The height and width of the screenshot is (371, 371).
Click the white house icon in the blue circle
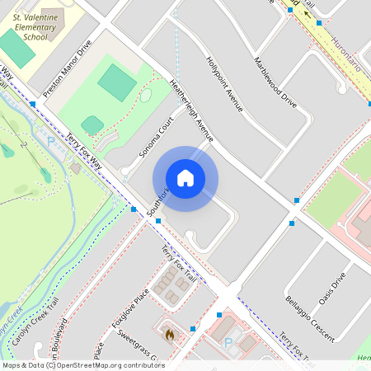185,178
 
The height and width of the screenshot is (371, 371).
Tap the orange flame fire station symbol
169,335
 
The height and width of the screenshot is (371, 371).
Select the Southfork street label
157,204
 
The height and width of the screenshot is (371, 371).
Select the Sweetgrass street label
136,343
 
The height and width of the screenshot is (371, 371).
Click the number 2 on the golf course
25,145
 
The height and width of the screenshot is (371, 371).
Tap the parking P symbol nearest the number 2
50,142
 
